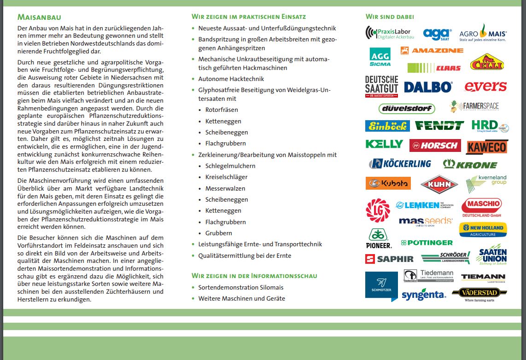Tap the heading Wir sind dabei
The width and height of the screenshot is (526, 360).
click(x=390, y=17)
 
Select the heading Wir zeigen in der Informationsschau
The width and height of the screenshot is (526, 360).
click(x=254, y=276)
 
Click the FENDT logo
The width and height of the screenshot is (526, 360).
click(x=439, y=126)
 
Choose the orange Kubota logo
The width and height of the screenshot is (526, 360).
click(x=388, y=183)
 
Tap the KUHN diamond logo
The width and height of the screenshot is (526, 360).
click(x=439, y=185)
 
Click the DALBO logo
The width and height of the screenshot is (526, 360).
click(x=428, y=87)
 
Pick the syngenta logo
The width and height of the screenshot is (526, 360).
click(x=423, y=295)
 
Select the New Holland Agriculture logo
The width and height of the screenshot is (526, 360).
click(x=482, y=230)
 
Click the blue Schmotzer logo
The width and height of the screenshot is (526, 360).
click(x=381, y=286)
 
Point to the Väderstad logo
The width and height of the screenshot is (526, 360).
click(x=479, y=293)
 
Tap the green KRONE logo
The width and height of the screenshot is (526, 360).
click(x=470, y=164)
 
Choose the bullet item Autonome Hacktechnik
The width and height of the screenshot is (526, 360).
click(x=231, y=79)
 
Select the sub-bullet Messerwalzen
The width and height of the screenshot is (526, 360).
click(x=225, y=188)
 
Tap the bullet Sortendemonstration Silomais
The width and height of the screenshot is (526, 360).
click(x=241, y=287)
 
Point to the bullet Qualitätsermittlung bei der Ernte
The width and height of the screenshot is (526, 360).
click(x=245, y=255)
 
